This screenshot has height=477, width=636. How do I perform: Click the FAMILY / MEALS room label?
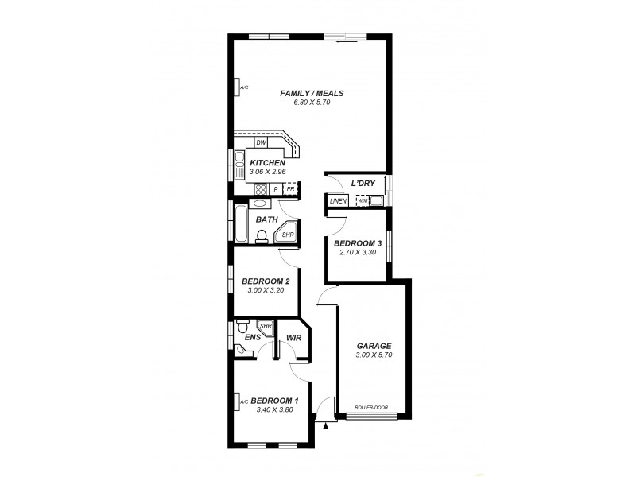point(312,93)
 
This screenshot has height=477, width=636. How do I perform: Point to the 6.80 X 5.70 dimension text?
point(312,103)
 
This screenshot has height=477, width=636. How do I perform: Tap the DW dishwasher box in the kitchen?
point(260,143)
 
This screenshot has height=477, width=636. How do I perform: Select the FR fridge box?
point(291,188)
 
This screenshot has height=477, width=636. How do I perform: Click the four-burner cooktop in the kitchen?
point(260,188)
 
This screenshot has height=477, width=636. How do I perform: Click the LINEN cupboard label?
point(337,201)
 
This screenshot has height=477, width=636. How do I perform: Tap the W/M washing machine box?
point(363,201)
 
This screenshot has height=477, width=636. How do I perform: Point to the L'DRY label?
point(363,184)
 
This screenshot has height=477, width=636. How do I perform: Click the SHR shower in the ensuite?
point(266,326)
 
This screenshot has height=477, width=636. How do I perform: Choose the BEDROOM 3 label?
point(357,243)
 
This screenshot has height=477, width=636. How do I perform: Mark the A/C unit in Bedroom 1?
point(242,402)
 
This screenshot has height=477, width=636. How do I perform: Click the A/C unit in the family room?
point(241,87)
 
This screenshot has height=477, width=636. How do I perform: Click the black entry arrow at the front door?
point(325,426)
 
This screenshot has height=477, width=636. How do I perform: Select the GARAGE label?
point(373,346)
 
